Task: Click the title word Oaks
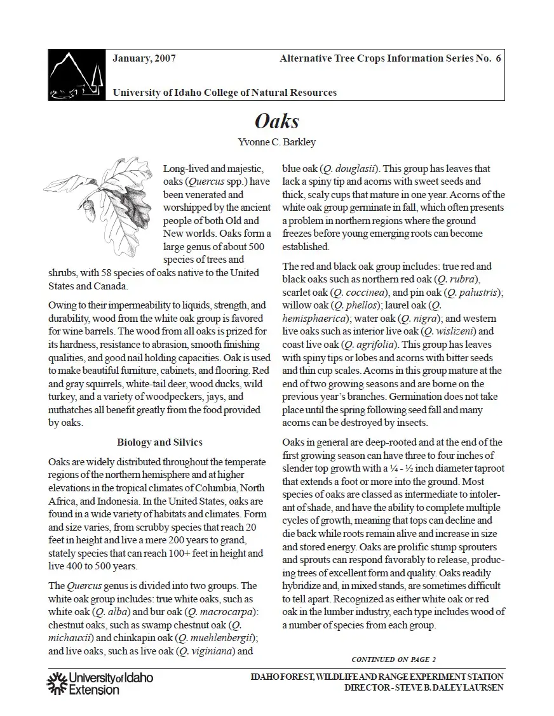[276, 121]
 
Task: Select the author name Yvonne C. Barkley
[276, 142]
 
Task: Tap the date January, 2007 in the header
[144, 58]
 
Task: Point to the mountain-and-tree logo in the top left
[76, 74]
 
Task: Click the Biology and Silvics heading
[159, 442]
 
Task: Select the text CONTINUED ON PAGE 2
[393, 660]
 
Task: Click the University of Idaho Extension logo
[100, 683]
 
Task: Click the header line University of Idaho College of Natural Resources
[224, 93]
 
